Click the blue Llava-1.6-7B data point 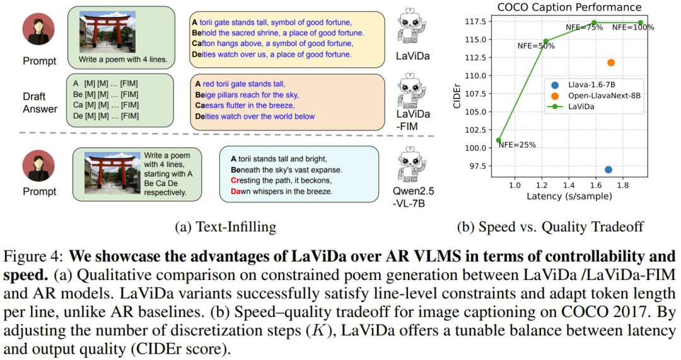(x=608, y=170)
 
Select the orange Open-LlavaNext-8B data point (x=610, y=62)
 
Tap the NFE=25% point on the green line (x=499, y=140)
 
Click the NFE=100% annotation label (x=633, y=27)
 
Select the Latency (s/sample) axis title (x=569, y=196)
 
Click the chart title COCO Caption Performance (x=569, y=7)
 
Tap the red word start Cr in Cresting (x=235, y=180)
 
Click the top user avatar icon (x=38, y=29)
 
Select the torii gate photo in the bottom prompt (x=112, y=172)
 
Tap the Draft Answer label (x=40, y=103)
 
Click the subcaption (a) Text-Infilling (x=225, y=227)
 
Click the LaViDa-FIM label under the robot (x=413, y=120)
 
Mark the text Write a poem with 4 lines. (x=123, y=59)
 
